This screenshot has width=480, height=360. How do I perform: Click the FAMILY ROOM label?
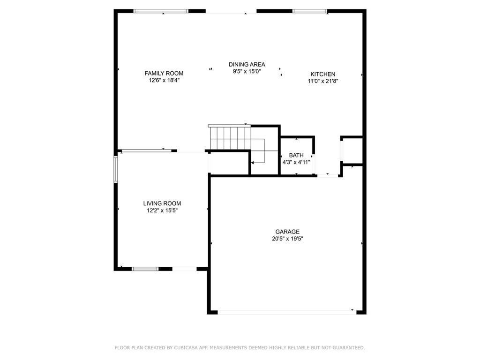click(164, 74)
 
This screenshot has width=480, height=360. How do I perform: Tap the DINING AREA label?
click(247, 64)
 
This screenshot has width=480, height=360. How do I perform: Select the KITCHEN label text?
click(322, 74)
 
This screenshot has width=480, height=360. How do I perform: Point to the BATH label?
click(296, 155)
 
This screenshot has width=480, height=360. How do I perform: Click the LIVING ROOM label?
click(162, 203)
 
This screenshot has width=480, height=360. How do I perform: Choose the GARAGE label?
click(287, 232)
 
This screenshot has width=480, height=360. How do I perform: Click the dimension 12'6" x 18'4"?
click(164, 81)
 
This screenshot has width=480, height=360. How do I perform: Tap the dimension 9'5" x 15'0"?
click(247, 71)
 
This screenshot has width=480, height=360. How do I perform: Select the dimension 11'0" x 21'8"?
click(322, 81)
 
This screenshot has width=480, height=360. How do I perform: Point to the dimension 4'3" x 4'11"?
click(296, 162)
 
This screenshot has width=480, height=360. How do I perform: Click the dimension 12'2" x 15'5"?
click(162, 210)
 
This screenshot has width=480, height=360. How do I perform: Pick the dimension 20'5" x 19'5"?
click(287, 239)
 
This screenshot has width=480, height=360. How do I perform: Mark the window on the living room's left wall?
click(115, 169)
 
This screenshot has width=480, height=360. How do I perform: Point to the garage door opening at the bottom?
click(286, 312)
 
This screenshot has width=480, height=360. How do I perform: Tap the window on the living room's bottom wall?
click(145, 269)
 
